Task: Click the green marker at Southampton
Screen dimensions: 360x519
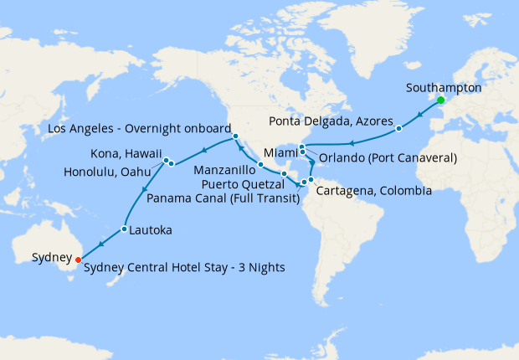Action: [x=439, y=102]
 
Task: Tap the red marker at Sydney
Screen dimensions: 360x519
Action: [x=78, y=259]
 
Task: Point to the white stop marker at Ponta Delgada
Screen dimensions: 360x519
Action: [x=399, y=129]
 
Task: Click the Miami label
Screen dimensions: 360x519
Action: [x=280, y=153]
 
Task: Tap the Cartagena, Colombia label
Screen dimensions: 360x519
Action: [x=374, y=191]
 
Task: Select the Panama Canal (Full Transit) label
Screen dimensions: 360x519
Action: [x=224, y=198]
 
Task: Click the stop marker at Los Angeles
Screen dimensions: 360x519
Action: [x=236, y=136]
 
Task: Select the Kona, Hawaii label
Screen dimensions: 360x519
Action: [x=126, y=155]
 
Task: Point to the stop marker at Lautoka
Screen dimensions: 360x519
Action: [x=124, y=229]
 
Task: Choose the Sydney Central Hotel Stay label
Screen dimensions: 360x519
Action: [x=185, y=268]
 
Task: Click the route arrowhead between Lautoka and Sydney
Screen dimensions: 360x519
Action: [x=100, y=244]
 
